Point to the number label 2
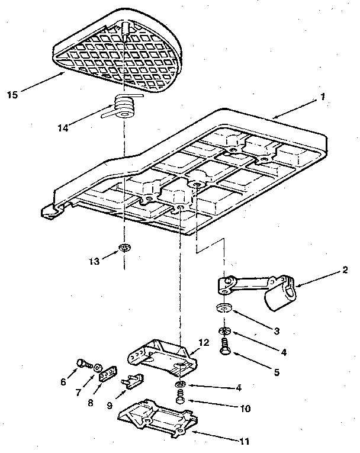click(x=345, y=274)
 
